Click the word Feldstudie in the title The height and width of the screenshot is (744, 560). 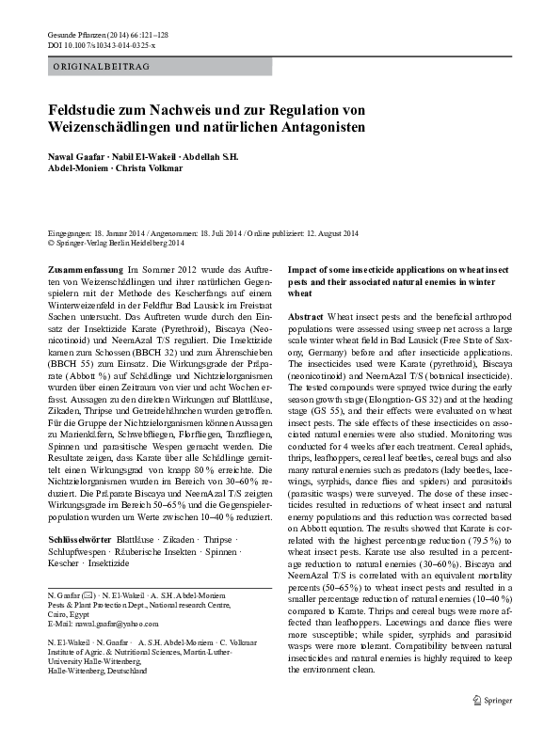85,109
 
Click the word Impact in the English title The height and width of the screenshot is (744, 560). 302,269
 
